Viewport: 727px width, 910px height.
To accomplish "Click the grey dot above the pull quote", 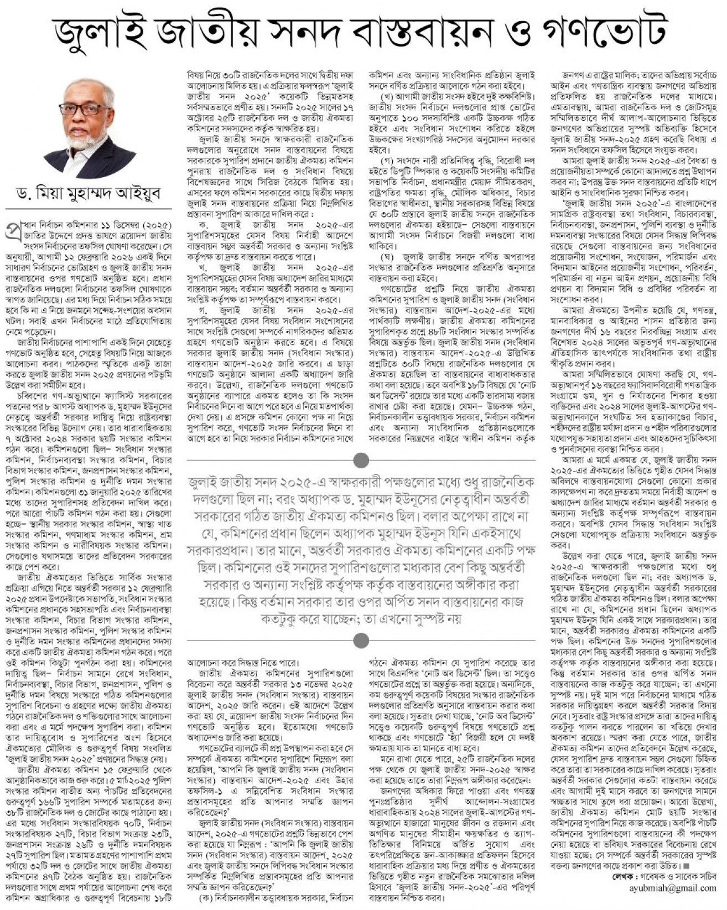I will pyautogui.click(x=361, y=459).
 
